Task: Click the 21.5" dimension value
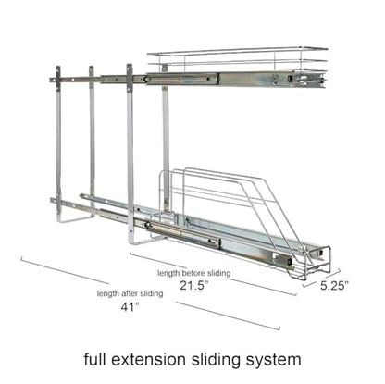194,286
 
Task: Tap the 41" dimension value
130,307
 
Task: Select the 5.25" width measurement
334,286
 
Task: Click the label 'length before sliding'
194,273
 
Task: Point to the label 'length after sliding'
130,293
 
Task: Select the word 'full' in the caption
95,359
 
